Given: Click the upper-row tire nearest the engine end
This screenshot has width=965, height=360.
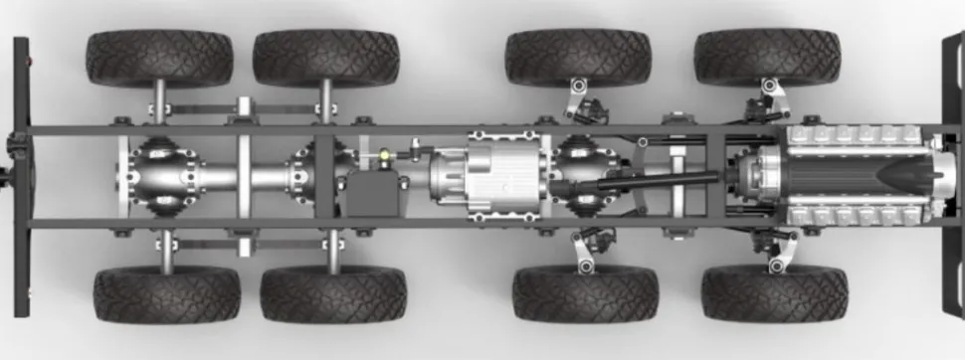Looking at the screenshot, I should tap(767, 57).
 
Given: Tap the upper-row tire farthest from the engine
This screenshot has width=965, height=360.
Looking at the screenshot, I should tap(159, 59).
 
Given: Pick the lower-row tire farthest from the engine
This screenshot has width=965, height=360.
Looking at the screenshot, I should tap(166, 295).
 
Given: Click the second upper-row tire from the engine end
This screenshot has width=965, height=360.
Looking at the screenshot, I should tap(578, 57).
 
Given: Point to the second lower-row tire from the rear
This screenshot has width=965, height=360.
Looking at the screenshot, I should tap(332, 294).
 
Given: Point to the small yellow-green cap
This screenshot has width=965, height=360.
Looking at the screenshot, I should tap(383, 155).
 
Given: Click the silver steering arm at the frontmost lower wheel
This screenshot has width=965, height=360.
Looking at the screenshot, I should tap(777, 255).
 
